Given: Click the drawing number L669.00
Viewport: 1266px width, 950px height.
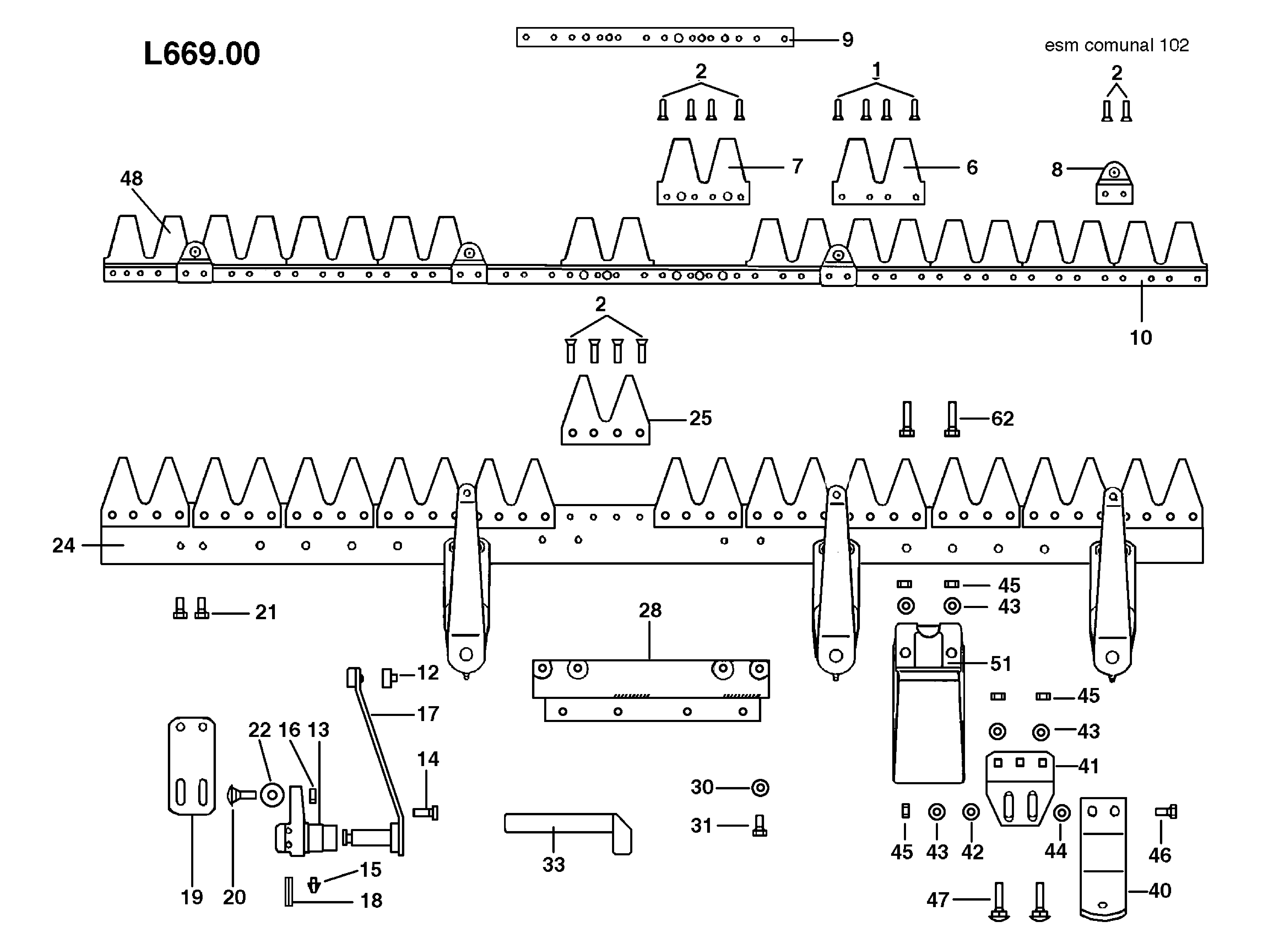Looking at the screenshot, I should (x=201, y=54).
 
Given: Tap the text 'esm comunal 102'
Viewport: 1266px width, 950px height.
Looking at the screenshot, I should (x=1116, y=45).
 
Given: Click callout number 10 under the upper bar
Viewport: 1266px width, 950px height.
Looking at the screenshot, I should (x=1140, y=338).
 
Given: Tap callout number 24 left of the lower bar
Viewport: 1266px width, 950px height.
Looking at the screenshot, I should (x=63, y=545).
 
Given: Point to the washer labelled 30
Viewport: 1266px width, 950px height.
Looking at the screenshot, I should (x=760, y=788).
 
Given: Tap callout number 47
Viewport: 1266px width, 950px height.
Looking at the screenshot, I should (x=937, y=900).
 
